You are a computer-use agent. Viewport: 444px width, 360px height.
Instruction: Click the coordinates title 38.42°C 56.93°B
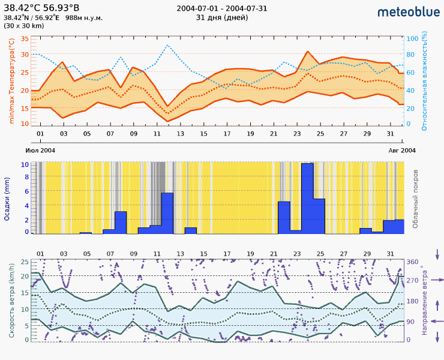tap(41, 8)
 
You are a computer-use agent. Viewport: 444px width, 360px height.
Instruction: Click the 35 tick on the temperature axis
tap(25, 38)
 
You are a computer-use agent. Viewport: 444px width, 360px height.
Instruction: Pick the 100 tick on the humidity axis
tap(412, 38)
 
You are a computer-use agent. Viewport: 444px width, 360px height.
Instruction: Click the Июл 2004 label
tap(40, 150)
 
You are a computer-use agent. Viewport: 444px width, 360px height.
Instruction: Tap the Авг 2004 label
tap(401, 150)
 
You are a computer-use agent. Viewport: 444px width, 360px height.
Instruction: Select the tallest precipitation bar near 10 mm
tap(307, 198)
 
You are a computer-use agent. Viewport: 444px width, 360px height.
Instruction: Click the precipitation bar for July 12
tap(167, 213)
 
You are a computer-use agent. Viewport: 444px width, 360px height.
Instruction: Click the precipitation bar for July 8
tap(121, 222)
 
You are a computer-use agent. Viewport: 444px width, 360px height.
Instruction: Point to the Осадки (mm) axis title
tap(8, 199)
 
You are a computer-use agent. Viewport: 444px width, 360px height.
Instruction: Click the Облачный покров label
tap(415, 198)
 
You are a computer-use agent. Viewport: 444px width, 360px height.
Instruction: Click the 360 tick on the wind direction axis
tap(412, 262)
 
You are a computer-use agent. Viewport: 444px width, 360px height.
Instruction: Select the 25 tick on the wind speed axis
tap(25, 262)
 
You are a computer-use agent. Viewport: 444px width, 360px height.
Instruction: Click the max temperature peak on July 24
tap(308, 52)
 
